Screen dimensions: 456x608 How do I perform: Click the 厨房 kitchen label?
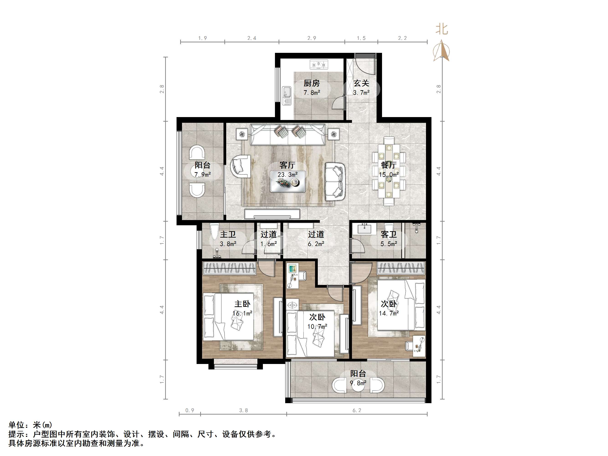(x=312, y=83)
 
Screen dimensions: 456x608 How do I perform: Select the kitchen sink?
(x=287, y=95)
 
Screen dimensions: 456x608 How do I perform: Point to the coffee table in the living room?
(x=287, y=181)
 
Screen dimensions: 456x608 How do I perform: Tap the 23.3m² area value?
(x=287, y=174)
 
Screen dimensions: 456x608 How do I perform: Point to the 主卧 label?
(x=242, y=304)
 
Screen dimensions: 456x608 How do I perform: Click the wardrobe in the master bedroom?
(x=230, y=268)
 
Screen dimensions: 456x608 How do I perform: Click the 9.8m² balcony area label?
(x=358, y=383)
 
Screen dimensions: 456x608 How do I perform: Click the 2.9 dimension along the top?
(x=312, y=38)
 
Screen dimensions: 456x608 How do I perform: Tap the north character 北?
(x=442, y=29)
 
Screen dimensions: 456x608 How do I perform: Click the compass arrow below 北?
(x=441, y=51)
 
